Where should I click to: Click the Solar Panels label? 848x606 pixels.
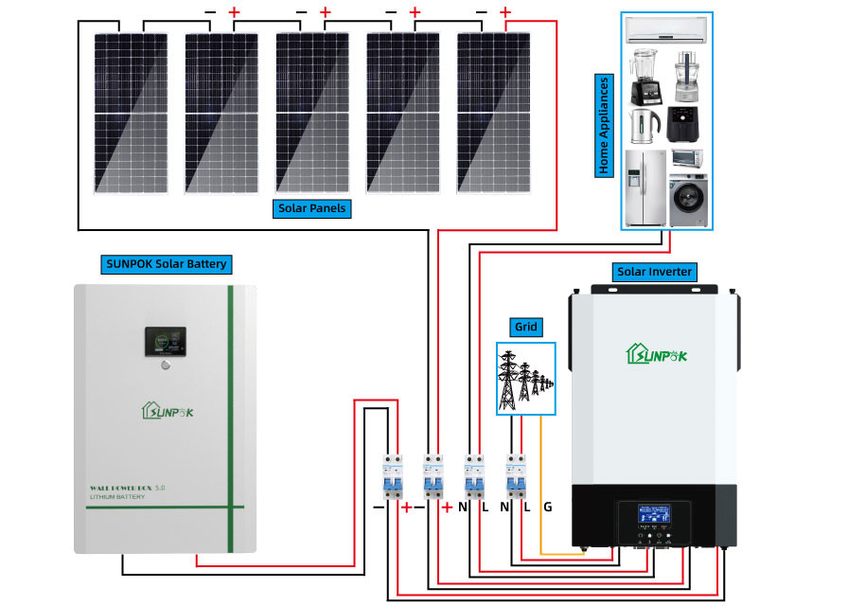[312, 208]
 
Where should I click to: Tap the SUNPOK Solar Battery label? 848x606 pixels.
[166, 263]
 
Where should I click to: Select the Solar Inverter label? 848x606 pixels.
[654, 272]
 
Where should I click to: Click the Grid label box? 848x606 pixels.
[525, 327]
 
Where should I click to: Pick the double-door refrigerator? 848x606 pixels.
[645, 187]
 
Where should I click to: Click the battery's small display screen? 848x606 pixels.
[165, 343]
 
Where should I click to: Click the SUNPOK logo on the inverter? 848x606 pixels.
[655, 354]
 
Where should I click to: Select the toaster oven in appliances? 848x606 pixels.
[688, 158]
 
